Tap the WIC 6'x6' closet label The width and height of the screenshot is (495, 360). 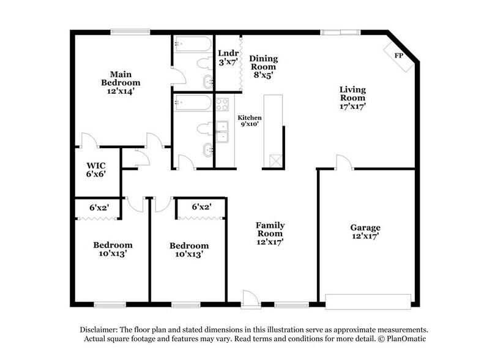point(96,170)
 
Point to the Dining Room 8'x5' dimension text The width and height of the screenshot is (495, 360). point(263,75)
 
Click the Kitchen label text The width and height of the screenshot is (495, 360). point(250,118)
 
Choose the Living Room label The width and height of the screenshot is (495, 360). point(353,93)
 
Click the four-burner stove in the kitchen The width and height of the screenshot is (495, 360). point(222,104)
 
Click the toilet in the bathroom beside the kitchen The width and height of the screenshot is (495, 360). point(203,129)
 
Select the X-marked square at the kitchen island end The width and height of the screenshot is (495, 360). point(273,160)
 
